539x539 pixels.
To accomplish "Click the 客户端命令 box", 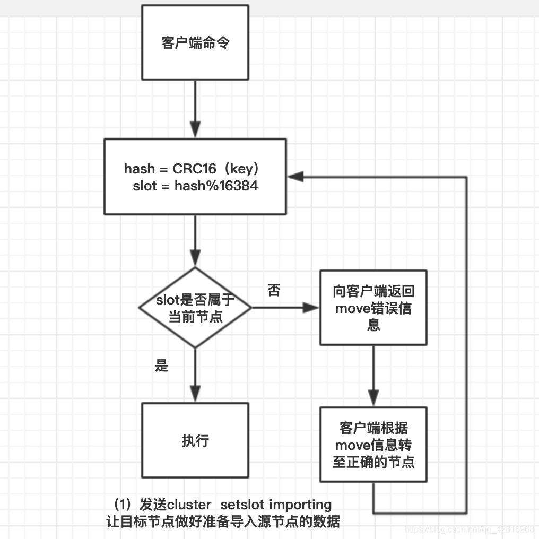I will click(195, 43).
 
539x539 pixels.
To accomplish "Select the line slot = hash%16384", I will click(195, 186).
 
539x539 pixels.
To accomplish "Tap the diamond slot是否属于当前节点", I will click(195, 308).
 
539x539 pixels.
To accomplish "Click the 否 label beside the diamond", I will click(274, 290).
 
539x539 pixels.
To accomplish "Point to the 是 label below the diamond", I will click(161, 366).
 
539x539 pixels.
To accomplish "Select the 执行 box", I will click(195, 440).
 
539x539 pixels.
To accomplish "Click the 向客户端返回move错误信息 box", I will click(373, 308).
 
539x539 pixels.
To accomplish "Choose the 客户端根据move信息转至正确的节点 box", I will click(373, 445).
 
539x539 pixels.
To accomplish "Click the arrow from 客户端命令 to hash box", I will click(195, 109).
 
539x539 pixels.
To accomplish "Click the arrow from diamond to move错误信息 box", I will click(285, 308).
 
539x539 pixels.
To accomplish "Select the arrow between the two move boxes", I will click(373, 376).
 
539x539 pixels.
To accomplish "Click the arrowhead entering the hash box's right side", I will click(295, 177).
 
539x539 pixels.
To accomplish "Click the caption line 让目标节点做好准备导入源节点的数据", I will click(223, 521).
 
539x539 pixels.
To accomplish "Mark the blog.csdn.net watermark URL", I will click(470, 529).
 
